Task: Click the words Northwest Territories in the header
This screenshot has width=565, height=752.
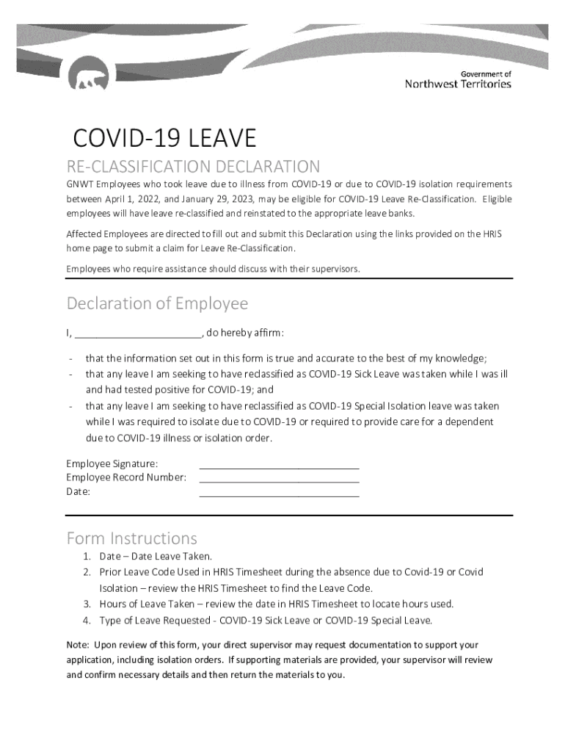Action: (458, 84)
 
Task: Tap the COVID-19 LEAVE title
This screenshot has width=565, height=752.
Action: (164, 138)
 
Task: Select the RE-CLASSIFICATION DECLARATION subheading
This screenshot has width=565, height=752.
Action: (193, 167)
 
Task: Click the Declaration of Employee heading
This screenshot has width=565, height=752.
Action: (157, 303)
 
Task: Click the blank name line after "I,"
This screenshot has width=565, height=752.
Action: (138, 333)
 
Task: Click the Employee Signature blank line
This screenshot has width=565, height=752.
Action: (279, 464)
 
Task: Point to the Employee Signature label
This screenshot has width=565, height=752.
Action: (112, 463)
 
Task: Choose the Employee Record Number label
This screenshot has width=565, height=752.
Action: (126, 477)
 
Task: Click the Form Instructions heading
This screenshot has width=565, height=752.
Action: (131, 538)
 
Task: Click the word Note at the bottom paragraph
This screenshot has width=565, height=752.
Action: (77, 645)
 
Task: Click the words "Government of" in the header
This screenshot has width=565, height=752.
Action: (485, 74)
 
